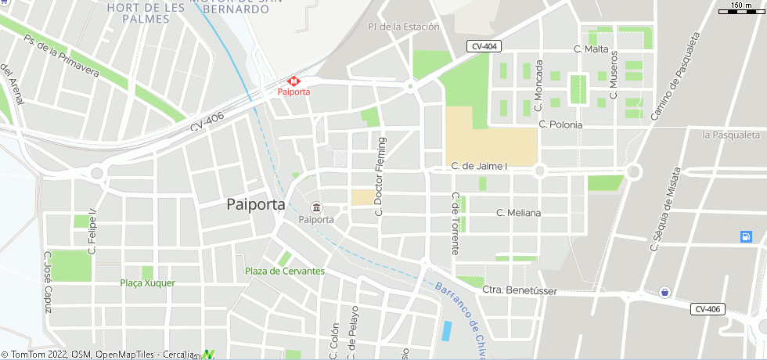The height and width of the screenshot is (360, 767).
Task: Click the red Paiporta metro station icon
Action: click(294, 81)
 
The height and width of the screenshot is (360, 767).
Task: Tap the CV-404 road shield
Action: click(484, 47)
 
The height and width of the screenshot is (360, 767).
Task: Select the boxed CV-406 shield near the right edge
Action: click(707, 309)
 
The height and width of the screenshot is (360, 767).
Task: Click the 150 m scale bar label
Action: click(741, 6)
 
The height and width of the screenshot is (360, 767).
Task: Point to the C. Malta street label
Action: click(591, 49)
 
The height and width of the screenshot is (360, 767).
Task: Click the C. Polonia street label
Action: click(560, 124)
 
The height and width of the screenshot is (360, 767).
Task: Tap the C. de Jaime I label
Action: click(480, 167)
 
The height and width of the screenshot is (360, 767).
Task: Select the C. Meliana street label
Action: click(519, 213)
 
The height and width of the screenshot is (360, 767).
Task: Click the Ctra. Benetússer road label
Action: click(519, 290)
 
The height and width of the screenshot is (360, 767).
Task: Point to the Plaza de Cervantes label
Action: click(285, 272)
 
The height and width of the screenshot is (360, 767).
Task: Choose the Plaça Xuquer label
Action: click(148, 283)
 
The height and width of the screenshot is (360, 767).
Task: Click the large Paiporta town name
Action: click(254, 205)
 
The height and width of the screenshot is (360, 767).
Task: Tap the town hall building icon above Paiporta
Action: click(316, 208)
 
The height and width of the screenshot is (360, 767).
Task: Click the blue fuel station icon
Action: click(746, 236)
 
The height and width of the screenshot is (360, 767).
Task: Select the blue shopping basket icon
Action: click(664, 291)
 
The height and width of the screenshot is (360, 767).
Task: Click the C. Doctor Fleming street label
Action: click(381, 177)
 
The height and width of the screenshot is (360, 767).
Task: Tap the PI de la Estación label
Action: click(403, 27)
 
